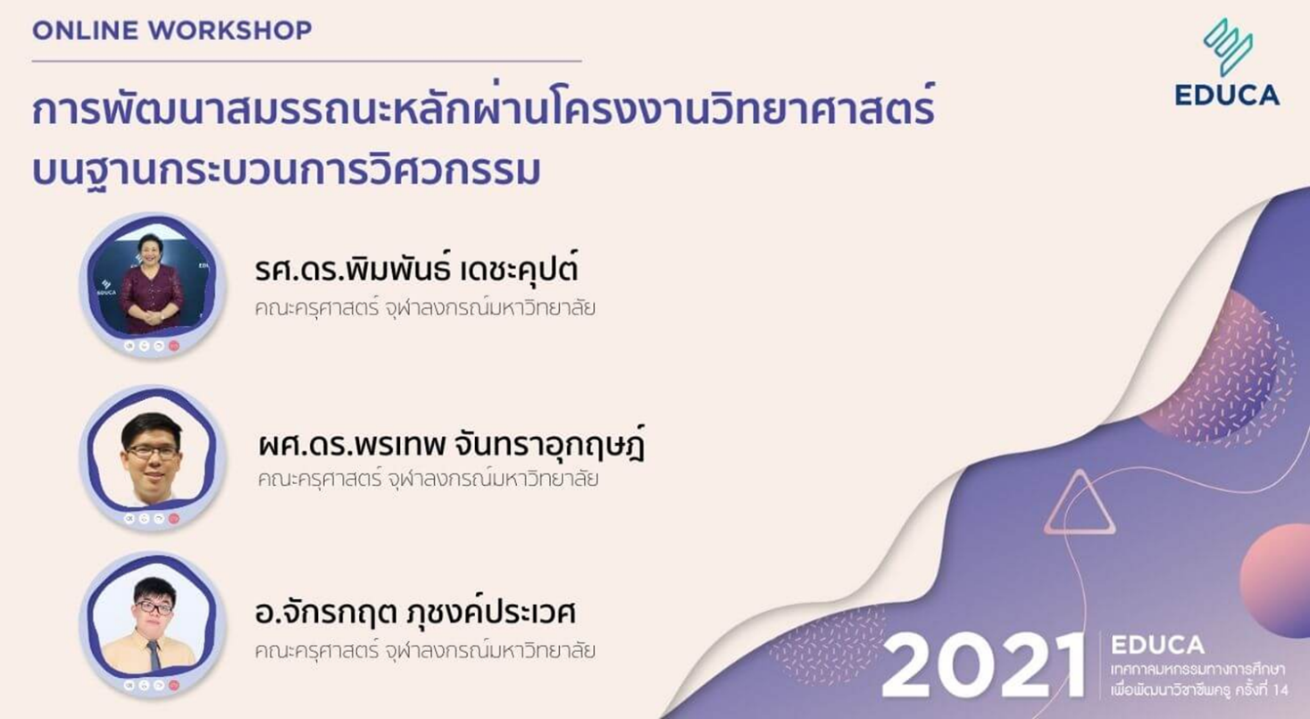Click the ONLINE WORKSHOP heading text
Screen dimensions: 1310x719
pos(172,30)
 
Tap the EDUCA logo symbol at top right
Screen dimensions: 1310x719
pos(1228,46)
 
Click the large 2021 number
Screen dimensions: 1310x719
pos(983,665)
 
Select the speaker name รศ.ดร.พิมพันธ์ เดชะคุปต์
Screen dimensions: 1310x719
pos(416,270)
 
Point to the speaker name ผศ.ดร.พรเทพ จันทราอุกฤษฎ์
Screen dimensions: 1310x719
pos(451,445)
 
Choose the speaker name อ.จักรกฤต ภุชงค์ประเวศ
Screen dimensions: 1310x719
pos(415,613)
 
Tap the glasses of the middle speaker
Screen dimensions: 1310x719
pos(152,452)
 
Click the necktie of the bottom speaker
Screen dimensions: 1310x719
pos(154,655)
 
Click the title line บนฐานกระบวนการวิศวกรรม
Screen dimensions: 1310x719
pos(286,170)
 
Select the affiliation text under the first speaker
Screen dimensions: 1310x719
pos(425,308)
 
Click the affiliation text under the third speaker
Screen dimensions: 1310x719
pos(425,650)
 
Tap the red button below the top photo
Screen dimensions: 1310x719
pos(174,346)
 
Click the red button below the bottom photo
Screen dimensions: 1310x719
pos(174,684)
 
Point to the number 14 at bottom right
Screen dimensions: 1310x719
pos(1280,690)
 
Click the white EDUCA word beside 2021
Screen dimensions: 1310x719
pos(1157,645)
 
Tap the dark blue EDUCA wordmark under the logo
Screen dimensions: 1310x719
pos(1227,96)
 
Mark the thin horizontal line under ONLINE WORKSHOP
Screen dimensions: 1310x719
pos(306,60)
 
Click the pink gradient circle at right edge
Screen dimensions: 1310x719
pos(1278,579)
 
